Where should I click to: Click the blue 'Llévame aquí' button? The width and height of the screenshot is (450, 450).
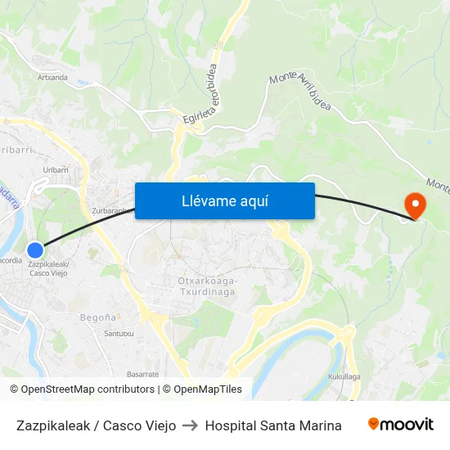[224, 200]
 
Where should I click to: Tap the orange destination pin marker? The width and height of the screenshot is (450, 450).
[415, 204]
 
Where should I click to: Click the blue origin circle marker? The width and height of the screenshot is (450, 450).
[34, 250]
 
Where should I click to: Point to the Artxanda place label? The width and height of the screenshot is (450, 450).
[52, 78]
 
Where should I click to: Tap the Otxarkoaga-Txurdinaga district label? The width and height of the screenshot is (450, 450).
[207, 286]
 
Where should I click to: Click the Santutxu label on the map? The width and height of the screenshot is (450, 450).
[119, 333]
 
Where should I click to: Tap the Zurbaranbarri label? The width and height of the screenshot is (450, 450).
[112, 210]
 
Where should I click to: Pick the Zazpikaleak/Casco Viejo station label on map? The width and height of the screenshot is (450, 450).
[48, 268]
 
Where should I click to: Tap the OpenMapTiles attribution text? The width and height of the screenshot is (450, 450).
[208, 389]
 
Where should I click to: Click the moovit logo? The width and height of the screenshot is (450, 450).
[400, 424]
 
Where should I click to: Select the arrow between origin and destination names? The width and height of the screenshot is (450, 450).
[190, 425]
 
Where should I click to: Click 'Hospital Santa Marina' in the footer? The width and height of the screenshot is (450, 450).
[273, 425]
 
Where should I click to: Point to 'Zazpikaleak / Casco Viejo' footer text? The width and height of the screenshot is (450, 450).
[96, 425]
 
